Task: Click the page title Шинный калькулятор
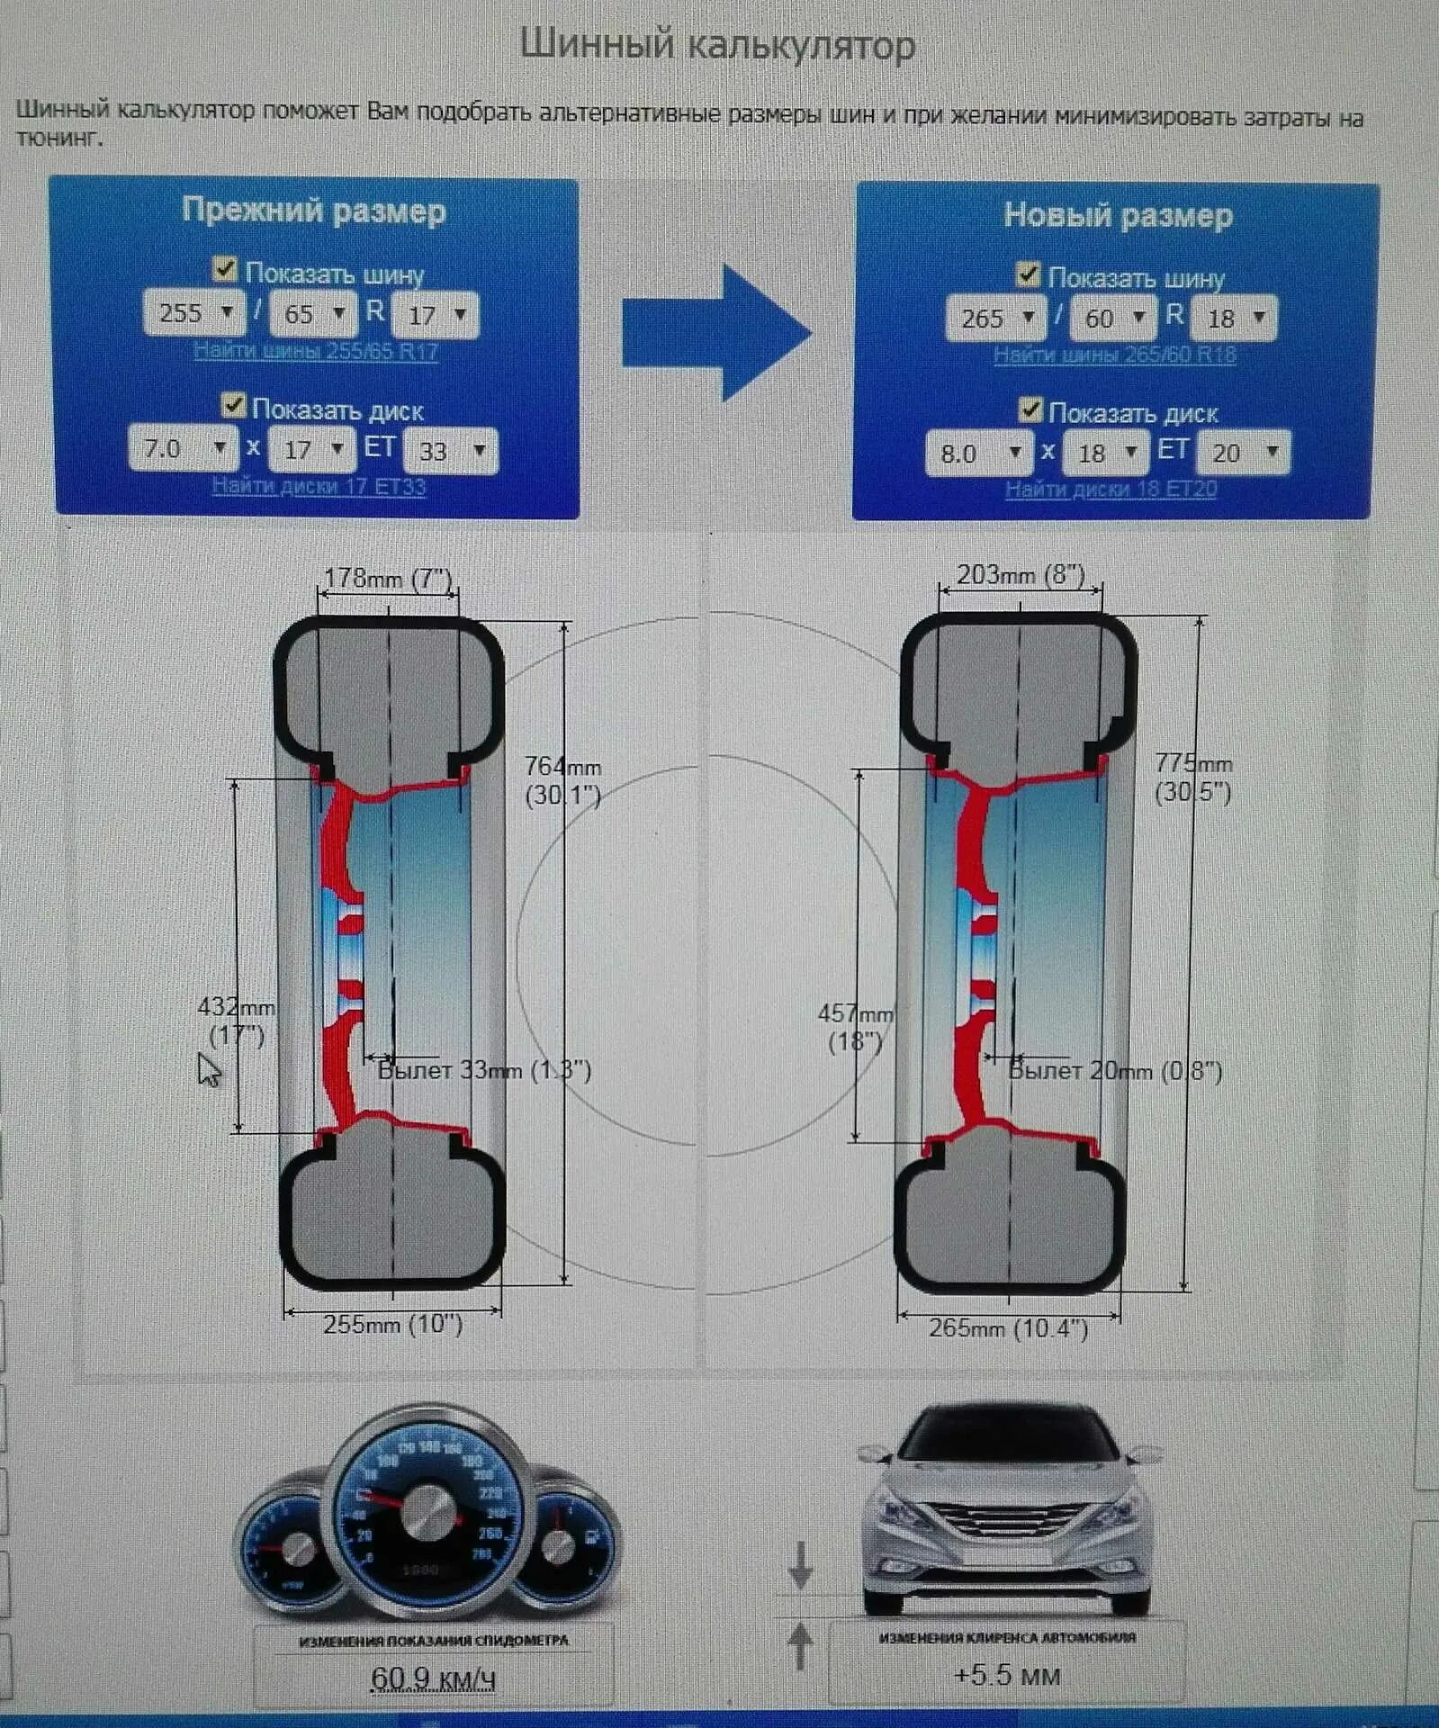[x=717, y=45]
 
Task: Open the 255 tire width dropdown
[x=193, y=313]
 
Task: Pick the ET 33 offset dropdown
[x=450, y=450]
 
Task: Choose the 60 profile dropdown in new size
[x=1113, y=318]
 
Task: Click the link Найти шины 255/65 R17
[x=315, y=351]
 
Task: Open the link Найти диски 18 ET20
[x=1111, y=490]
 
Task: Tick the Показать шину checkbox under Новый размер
[x=1027, y=274]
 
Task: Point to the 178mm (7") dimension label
[x=387, y=577]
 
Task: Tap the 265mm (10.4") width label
[x=1008, y=1327]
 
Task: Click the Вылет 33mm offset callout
[x=483, y=1070]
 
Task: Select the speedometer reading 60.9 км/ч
[x=432, y=1678]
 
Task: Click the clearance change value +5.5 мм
[x=1006, y=1675]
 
